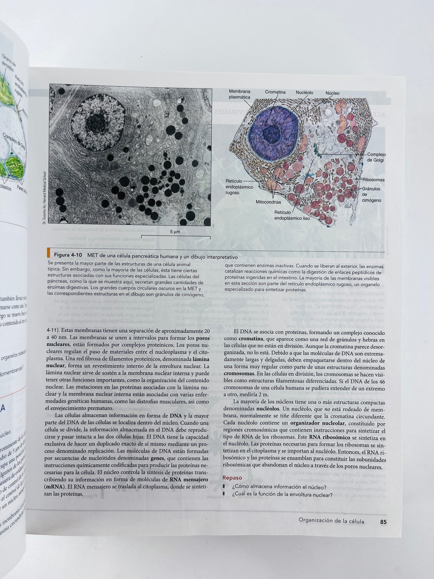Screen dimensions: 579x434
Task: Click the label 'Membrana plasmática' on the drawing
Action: click(x=239, y=94)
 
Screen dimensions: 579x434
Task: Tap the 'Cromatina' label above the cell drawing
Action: click(x=275, y=92)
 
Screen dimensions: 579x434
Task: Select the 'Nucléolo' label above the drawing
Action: click(x=304, y=93)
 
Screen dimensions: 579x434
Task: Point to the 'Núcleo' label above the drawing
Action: click(x=332, y=93)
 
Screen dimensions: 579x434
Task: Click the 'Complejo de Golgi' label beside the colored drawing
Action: click(x=376, y=157)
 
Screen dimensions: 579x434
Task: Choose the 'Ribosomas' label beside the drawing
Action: click(x=373, y=180)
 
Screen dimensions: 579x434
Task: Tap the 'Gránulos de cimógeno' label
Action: click(x=371, y=194)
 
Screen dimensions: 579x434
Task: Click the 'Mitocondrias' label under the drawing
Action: click(x=268, y=202)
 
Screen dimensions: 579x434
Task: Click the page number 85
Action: click(x=383, y=522)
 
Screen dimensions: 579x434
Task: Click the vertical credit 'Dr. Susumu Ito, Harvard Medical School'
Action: click(x=44, y=198)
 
